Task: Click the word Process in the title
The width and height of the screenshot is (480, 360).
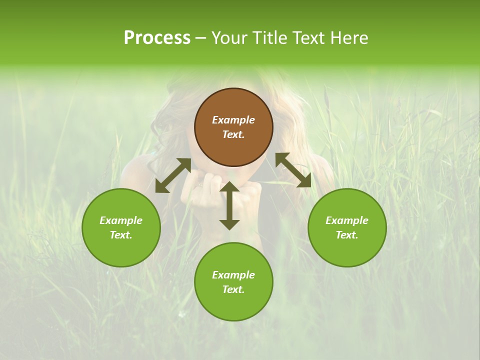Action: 157,38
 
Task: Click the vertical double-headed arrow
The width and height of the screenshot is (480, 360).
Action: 229,205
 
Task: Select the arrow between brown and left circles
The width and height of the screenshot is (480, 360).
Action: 173,175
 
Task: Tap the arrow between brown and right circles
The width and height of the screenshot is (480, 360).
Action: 293,170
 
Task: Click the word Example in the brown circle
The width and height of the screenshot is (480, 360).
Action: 233,120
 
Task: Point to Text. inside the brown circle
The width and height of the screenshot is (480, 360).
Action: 233,134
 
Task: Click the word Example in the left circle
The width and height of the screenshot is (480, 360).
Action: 121,220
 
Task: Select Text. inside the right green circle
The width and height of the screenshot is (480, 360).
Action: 347,235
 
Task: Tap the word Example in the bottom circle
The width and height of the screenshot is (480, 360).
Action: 233,275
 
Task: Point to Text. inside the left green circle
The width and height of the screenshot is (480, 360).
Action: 121,235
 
